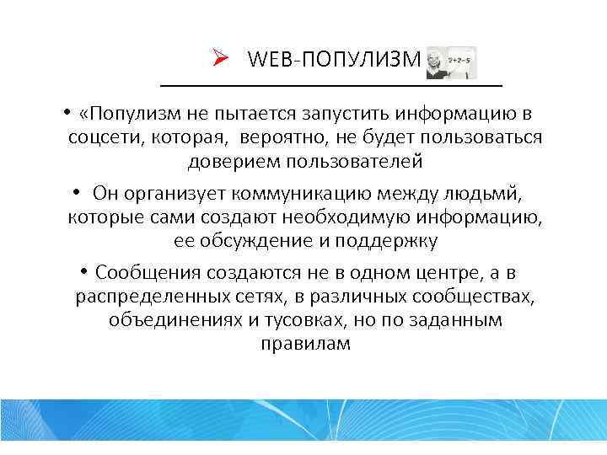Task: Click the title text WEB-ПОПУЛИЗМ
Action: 334,60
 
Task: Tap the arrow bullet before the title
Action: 221,59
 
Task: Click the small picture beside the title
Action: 451,63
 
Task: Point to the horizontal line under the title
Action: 330,86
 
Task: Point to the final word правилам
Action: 304,345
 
